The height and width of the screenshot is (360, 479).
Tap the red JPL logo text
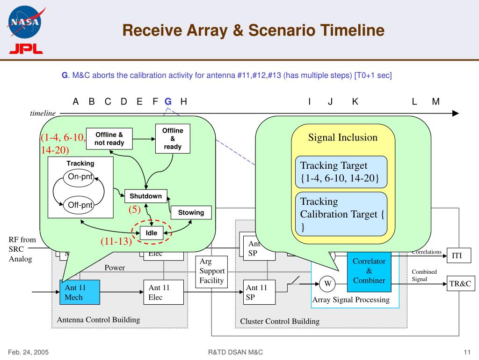[26, 49]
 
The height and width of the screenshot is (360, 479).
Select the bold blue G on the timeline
[168, 101]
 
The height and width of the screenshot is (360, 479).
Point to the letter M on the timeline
[436, 101]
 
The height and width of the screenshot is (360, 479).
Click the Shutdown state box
[145, 196]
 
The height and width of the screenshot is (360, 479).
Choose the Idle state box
[152, 232]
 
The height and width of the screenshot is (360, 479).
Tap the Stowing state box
[191, 213]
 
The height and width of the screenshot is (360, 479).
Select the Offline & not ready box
[109, 139]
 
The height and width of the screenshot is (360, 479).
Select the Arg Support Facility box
[212, 271]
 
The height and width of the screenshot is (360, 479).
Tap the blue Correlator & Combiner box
[369, 270]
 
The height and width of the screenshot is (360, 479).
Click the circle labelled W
[328, 283]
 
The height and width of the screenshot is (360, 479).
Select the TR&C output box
[460, 284]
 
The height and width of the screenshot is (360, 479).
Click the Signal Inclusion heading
[342, 137]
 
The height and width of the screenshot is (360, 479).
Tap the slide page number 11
[466, 352]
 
